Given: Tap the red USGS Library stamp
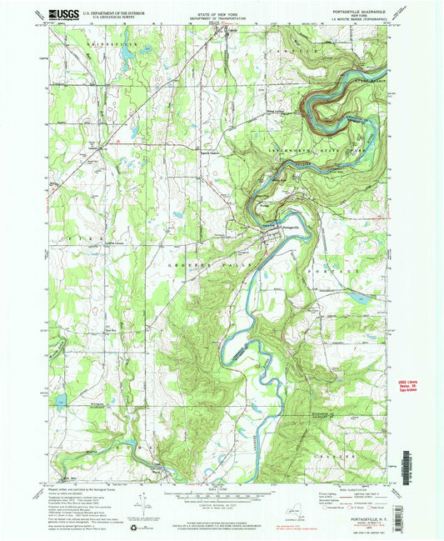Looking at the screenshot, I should [404, 385].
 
